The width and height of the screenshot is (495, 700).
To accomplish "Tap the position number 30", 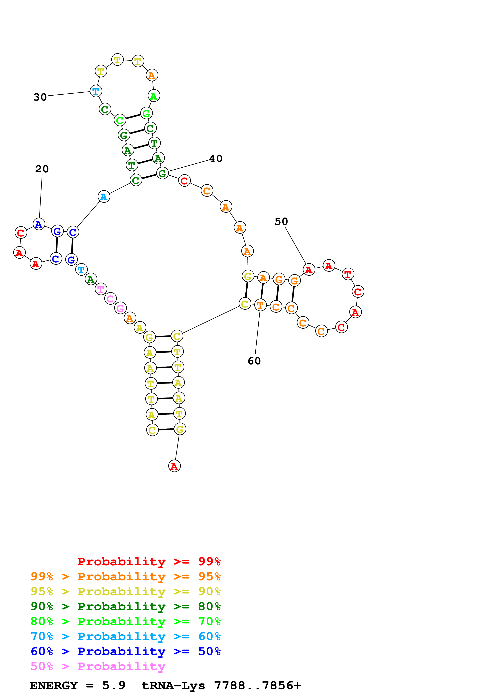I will pos(40,97).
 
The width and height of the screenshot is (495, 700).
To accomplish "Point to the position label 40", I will pos(216,158).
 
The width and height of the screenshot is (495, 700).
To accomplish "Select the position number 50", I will pos(281,221).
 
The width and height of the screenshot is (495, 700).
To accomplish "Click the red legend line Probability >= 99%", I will pos(149,562).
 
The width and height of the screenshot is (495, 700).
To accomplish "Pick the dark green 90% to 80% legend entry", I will pos(125,606).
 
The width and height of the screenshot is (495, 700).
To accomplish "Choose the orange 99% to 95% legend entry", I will pos(125,576).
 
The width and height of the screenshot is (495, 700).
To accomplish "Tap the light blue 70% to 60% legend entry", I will pos(125,636).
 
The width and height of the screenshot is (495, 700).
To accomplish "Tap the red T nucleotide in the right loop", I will pos(348,274).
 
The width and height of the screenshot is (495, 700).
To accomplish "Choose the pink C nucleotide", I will pos(110,299).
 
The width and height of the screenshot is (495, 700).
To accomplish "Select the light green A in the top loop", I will pos(154,96).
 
